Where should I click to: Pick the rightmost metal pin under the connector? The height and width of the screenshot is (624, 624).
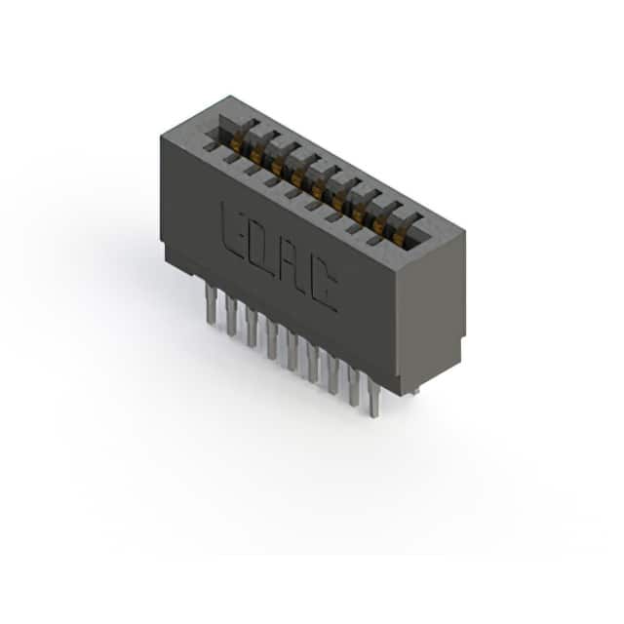pyautogui.click(x=373, y=397)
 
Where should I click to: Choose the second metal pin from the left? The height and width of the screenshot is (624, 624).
pyautogui.click(x=231, y=316)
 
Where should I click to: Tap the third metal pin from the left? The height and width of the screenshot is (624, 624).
pyautogui.click(x=252, y=328)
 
